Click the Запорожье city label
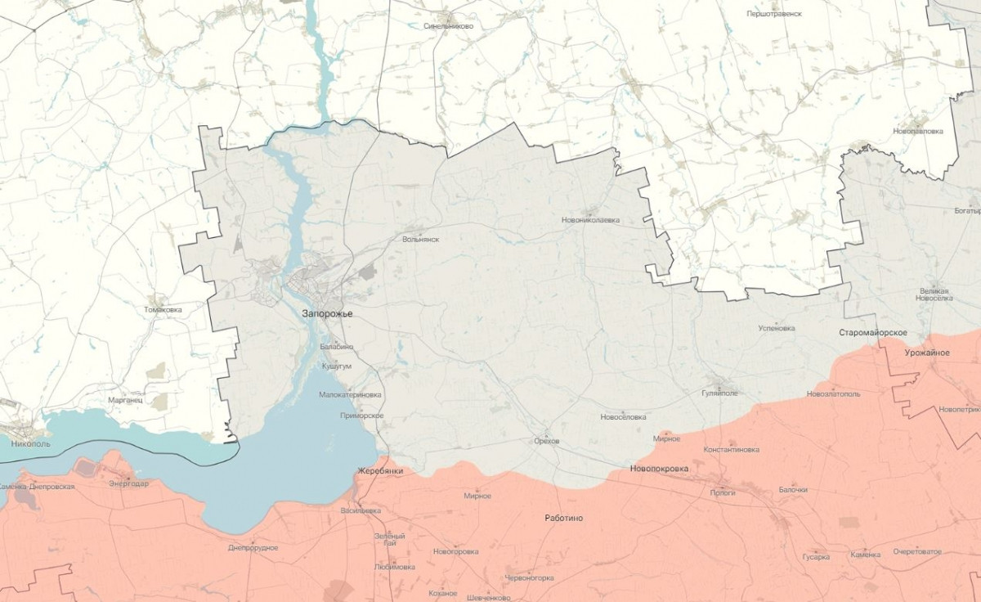coord(327,313)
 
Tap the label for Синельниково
coord(448,25)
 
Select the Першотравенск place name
coord(773,14)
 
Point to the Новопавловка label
coord(918,131)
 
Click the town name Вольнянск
coord(421,240)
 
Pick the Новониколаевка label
coord(590,220)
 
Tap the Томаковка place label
coord(163,310)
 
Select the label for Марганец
coord(125,401)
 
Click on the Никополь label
coord(31,444)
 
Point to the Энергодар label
coord(128,483)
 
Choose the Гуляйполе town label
coord(719,393)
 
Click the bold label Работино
coord(564,519)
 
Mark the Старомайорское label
coord(874,333)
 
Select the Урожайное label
coord(927,353)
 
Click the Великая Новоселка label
coord(935,294)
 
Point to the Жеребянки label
coord(380,472)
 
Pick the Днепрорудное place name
coord(253,548)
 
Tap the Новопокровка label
coord(659,469)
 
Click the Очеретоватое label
coord(917,551)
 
